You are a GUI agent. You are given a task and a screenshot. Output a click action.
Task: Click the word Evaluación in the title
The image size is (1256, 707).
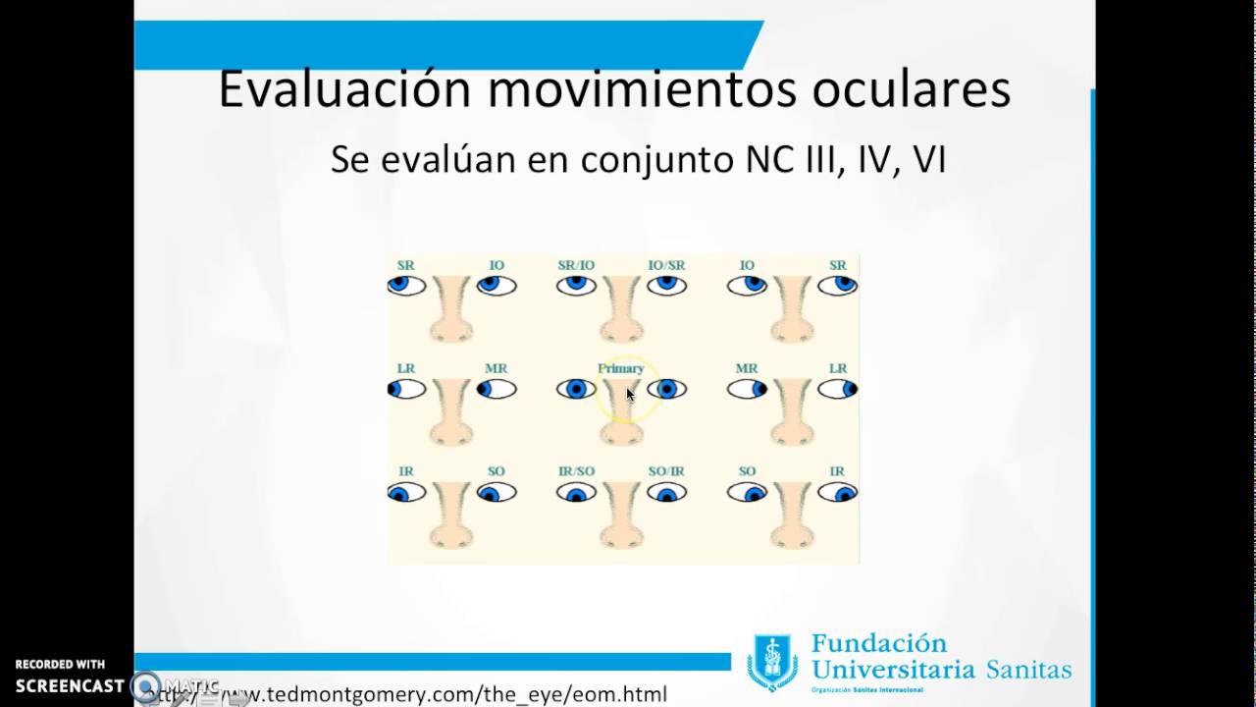click(344, 89)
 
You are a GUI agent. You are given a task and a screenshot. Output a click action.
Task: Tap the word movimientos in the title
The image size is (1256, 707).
click(642, 89)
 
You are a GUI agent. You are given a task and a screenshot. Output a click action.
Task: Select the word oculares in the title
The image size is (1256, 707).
click(911, 89)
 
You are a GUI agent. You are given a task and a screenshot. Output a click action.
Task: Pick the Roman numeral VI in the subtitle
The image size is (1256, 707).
click(929, 159)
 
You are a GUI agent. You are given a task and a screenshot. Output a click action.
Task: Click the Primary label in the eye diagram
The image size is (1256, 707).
click(620, 368)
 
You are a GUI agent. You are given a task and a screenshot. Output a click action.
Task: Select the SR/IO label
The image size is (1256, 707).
click(576, 265)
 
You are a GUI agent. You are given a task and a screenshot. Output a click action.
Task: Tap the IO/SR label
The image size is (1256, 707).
click(666, 265)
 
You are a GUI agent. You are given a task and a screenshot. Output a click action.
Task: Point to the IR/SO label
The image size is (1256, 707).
click(576, 471)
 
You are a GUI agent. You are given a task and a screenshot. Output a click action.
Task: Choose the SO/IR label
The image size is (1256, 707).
click(666, 471)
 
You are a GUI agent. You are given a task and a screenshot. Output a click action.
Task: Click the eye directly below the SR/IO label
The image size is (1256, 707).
click(576, 286)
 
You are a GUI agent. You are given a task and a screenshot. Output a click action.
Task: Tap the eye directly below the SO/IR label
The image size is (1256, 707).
click(666, 493)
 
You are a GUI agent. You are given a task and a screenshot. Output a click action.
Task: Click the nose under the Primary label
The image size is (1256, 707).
click(621, 417)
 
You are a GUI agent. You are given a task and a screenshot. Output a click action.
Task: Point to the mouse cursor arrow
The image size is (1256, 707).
click(630, 394)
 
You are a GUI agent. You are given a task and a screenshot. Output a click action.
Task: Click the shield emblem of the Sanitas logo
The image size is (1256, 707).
click(772, 662)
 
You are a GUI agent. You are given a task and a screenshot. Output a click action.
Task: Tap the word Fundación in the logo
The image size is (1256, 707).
click(879, 644)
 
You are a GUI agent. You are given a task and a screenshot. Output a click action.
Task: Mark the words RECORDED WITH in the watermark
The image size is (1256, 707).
click(60, 665)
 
